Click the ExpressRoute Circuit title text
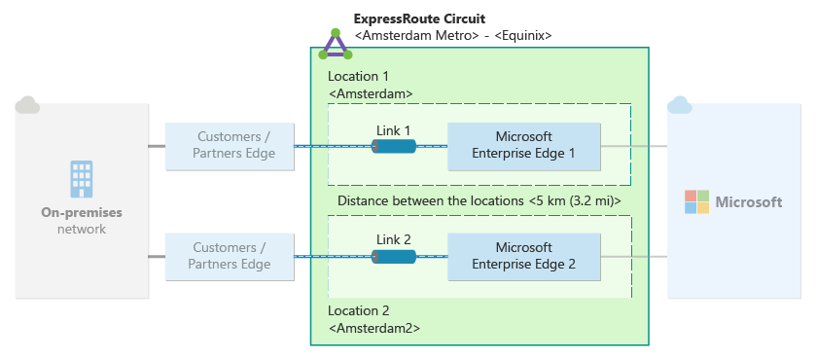coord(419,19)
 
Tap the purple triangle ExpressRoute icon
coord(336,45)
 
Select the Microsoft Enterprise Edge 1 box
coord(524,146)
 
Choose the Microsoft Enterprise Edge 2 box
coord(524,257)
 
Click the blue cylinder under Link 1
coord(394,146)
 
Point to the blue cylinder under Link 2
coord(394,257)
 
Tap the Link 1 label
coord(393,130)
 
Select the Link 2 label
coord(393,239)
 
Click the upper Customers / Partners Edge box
coord(230,146)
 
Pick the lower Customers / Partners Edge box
coord(230,257)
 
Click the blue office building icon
coord(82,179)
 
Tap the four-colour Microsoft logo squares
coord(697,202)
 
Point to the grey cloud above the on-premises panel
coord(27,105)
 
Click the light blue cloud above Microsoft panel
coord(680,105)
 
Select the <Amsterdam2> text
coord(374,329)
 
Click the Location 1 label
coord(359,77)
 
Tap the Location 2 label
coord(359,311)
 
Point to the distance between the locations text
coord(480,201)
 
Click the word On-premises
coord(82,213)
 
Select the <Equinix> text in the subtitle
coord(523,35)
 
